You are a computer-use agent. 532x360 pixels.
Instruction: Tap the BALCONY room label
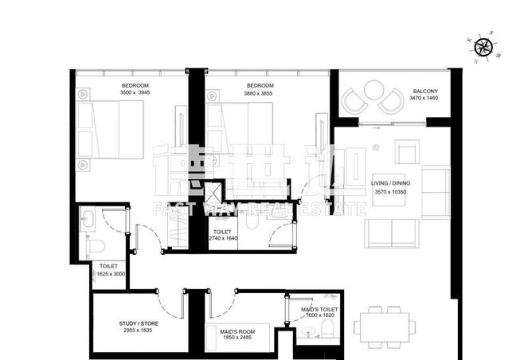pyautogui.click(x=424, y=90)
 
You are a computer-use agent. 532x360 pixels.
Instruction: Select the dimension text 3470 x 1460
pyautogui.click(x=424, y=98)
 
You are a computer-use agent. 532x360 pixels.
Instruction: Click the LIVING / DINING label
pyautogui.click(x=389, y=183)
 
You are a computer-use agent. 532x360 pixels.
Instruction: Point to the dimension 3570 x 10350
pyautogui.click(x=389, y=192)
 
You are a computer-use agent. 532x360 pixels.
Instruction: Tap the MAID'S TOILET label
pyautogui.click(x=319, y=308)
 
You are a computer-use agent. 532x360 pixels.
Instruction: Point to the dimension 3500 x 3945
pyautogui.click(x=135, y=92)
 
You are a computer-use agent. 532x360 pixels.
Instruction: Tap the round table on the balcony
pyautogui.click(x=373, y=101)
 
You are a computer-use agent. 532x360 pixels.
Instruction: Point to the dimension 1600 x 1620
pyautogui.click(x=319, y=315)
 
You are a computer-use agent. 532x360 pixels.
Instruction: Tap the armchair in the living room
pyautogui.click(x=409, y=152)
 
